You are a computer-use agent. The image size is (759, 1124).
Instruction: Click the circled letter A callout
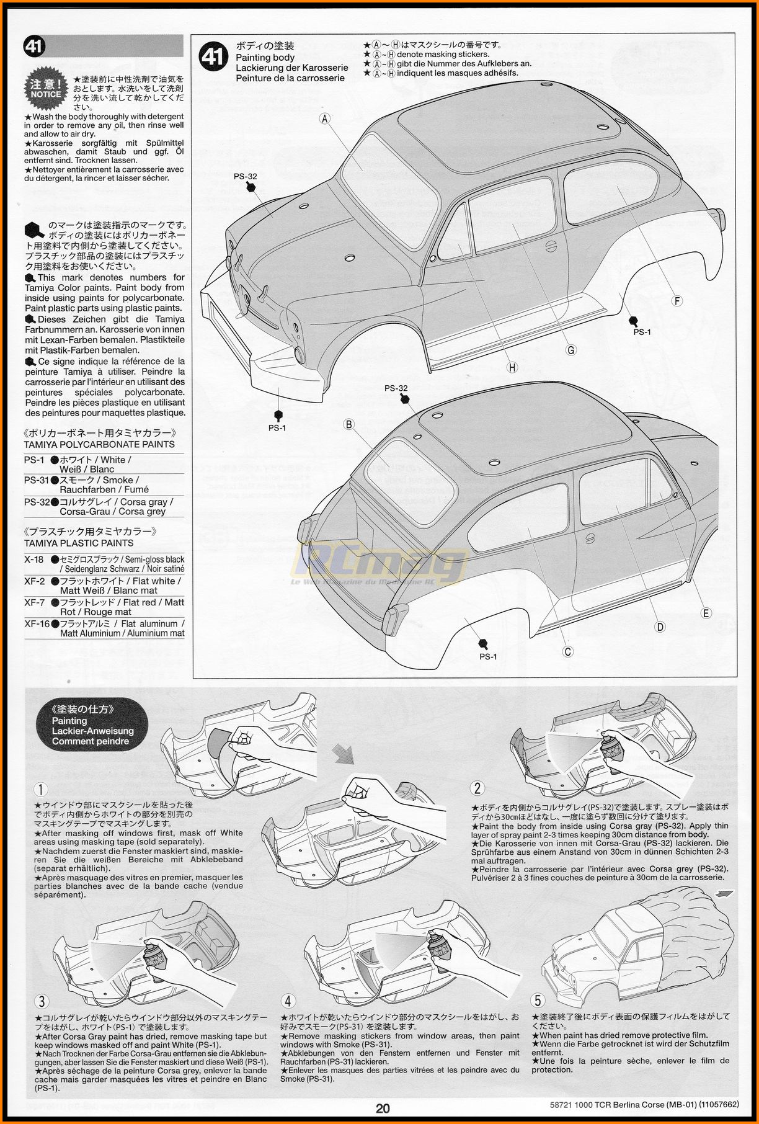tap(325, 118)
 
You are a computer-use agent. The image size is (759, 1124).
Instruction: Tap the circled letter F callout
tap(677, 301)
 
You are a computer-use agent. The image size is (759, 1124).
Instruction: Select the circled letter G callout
tap(571, 350)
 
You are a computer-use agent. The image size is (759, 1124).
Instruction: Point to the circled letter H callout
tap(512, 367)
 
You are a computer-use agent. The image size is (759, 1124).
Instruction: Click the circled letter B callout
tap(349, 424)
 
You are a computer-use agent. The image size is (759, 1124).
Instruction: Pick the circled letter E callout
tap(706, 613)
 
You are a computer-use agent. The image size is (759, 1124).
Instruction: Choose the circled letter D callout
tap(660, 627)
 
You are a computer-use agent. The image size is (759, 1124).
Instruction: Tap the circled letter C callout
tap(567, 651)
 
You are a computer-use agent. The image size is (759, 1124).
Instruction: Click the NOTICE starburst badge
tap(46, 89)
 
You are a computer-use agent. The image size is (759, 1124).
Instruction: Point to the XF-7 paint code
tap(34, 602)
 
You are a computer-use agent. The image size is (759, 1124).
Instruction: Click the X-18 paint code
tap(34, 560)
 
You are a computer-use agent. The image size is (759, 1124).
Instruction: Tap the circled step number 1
tap(41, 789)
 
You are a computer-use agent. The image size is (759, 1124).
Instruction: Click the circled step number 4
tap(288, 1001)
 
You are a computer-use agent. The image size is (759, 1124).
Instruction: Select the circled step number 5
tap(538, 1000)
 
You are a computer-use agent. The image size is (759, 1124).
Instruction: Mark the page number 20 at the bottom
tap(383, 1108)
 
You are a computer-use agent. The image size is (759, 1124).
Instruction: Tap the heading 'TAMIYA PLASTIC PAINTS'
tap(79, 543)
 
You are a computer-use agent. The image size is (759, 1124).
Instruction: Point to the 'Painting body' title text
tap(265, 57)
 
